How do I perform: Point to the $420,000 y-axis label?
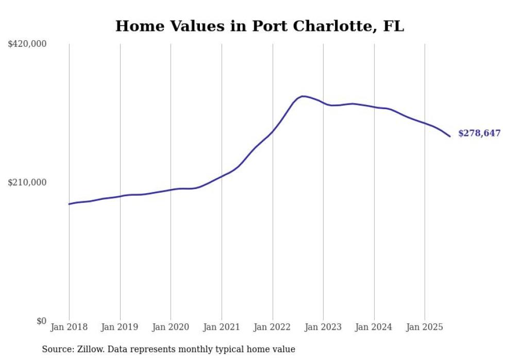[27, 44]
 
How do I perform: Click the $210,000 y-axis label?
[27, 182]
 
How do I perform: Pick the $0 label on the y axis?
[41, 321]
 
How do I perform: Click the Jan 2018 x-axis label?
[69, 327]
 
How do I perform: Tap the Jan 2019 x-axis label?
[120, 327]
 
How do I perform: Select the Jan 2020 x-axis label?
[171, 327]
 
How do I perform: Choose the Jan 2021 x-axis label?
[222, 327]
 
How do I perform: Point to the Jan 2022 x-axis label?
[273, 327]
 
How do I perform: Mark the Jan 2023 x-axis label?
[323, 327]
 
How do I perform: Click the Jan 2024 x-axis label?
[374, 327]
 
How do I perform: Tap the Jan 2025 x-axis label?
[425, 327]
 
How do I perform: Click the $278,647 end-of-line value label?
[479, 133]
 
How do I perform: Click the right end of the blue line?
[450, 136]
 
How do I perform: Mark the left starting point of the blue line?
[69, 204]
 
